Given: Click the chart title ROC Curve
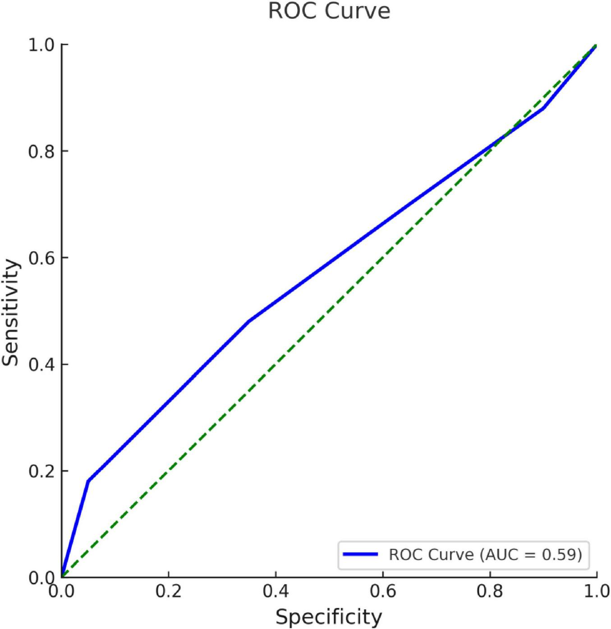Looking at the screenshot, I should (x=329, y=11).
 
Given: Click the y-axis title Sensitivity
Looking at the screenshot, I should (x=11, y=312).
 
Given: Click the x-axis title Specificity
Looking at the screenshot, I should (x=329, y=616).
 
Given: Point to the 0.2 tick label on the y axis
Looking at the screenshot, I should (x=41, y=471).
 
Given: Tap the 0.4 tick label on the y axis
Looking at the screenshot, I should (x=41, y=364).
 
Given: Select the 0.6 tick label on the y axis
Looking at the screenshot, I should (x=41, y=258).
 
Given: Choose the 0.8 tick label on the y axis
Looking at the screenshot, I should (x=41, y=151).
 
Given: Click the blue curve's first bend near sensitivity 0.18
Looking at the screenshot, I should (x=88, y=481).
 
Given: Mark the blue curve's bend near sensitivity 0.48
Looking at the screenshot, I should (x=249, y=321).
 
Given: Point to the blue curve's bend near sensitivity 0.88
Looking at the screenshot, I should (x=543, y=108).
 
